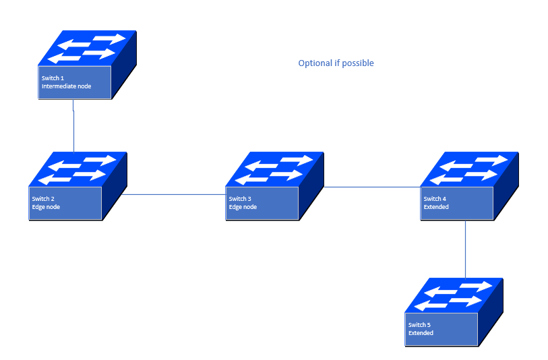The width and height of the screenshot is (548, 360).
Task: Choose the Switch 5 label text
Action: [x=419, y=325]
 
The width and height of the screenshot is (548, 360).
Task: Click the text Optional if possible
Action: [x=336, y=63]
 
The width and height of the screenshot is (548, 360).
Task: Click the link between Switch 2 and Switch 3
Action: [x=174, y=195]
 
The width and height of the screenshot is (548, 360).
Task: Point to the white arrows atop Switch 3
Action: [x=274, y=169]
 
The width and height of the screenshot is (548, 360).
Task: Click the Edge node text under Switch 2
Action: [x=46, y=207]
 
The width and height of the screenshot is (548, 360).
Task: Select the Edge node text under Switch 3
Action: [x=243, y=207]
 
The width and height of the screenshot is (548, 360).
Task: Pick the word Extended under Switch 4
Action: [x=436, y=207]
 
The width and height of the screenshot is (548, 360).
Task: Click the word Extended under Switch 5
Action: [x=421, y=333]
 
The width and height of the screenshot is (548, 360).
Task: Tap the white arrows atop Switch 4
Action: [x=469, y=169]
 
